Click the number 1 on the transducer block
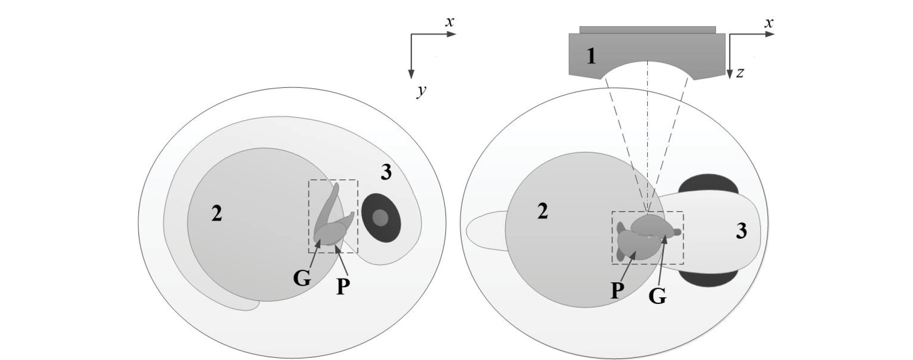591,57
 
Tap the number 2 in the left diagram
216,214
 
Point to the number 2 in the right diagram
542,212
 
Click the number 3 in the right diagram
741,231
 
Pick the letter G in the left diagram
302,279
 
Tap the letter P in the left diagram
343,287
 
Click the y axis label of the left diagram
422,91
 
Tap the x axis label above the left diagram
450,22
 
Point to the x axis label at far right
769,23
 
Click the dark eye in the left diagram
381,217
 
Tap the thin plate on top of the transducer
647,30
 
